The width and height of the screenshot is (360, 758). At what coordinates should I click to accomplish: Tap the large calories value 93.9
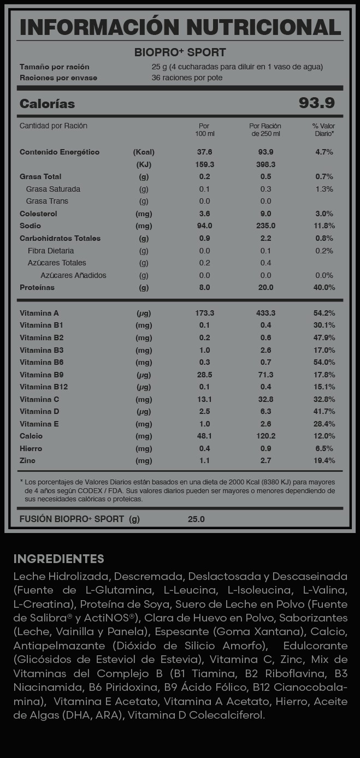coord(317,103)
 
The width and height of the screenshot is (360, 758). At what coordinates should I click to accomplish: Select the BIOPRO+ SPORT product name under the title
coord(180,53)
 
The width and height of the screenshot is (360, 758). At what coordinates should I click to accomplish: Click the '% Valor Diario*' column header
coord(323,129)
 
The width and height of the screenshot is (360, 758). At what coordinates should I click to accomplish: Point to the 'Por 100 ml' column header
coord(204,129)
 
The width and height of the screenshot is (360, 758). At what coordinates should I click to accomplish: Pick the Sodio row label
coord(30,226)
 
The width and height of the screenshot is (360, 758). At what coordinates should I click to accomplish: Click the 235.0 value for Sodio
coord(265,226)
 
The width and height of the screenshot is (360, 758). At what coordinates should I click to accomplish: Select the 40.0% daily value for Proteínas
coord(324,287)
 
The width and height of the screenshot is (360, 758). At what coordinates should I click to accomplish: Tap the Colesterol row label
coord(38,214)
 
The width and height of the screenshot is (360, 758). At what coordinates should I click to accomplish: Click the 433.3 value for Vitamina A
coord(265,313)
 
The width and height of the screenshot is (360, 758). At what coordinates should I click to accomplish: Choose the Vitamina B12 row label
coord(44,387)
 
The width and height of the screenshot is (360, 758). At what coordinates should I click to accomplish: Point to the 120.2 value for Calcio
coord(265,436)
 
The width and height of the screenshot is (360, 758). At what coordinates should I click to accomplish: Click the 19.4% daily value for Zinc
coord(324,460)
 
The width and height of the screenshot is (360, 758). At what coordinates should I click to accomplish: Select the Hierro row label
coord(31,448)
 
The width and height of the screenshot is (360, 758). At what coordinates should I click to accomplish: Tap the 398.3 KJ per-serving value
coord(265,164)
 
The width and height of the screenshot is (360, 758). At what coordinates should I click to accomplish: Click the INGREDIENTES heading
coord(58,559)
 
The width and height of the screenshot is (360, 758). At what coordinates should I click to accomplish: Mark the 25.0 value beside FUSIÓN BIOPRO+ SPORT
coord(196,519)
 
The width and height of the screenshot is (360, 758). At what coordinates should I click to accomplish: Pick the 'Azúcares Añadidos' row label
coord(73,275)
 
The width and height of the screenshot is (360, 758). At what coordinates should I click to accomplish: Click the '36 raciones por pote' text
coord(187,78)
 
